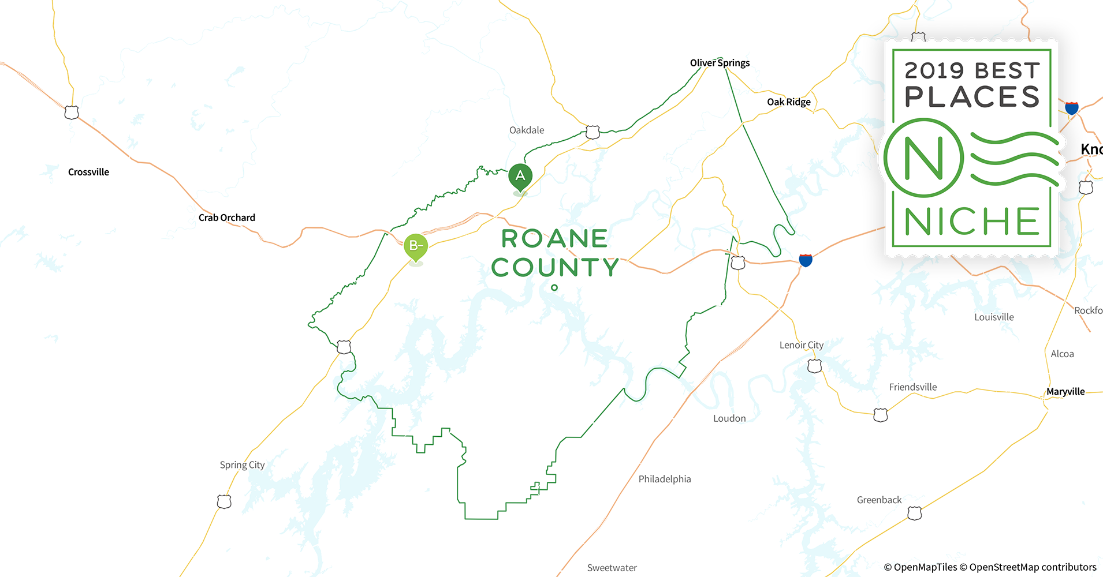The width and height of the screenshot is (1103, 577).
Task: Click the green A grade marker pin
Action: (520, 175)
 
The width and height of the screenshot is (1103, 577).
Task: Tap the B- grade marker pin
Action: (415, 246)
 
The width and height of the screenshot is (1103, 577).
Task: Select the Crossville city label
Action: (88, 172)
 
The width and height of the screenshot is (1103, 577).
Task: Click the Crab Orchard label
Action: (227, 218)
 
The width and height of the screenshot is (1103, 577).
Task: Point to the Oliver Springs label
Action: (720, 63)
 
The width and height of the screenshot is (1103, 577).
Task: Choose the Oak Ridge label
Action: (788, 102)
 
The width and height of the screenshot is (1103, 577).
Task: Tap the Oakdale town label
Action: (527, 130)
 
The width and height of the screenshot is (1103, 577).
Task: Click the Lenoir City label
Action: (801, 345)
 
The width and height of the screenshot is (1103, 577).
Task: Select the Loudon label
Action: (729, 418)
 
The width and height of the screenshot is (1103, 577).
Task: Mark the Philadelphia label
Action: (664, 479)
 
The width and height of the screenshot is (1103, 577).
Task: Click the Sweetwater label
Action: (612, 568)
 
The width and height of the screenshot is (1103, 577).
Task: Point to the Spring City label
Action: (242, 465)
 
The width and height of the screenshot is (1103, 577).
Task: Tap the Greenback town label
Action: (879, 500)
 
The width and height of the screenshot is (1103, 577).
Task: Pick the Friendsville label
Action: (912, 387)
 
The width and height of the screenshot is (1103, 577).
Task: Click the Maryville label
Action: (1065, 392)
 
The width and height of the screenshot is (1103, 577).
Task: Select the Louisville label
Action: (994, 317)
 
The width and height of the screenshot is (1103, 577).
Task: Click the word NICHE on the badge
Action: (972, 222)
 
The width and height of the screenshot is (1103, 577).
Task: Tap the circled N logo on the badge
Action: (923, 158)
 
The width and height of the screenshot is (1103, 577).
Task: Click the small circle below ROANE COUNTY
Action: (554, 287)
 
